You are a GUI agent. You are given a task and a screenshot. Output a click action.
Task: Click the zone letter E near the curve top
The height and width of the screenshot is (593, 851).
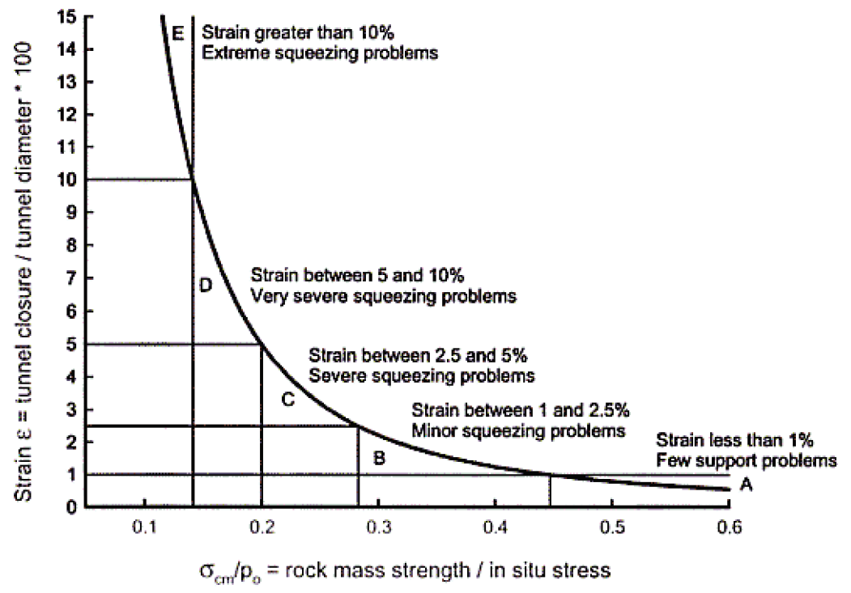(x=178, y=33)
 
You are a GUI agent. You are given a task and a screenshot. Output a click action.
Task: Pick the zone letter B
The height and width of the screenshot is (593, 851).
(x=378, y=458)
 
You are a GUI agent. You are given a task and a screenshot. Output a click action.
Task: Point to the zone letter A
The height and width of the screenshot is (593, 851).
(x=746, y=485)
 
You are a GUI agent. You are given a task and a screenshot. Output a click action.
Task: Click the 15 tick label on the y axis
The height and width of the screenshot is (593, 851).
(x=68, y=16)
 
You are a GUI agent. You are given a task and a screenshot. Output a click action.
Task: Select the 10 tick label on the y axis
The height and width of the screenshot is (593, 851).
(x=68, y=180)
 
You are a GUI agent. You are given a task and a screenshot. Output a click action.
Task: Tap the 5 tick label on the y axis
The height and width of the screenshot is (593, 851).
(x=72, y=344)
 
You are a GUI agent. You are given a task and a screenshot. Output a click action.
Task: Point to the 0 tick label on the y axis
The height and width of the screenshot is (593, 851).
(x=72, y=507)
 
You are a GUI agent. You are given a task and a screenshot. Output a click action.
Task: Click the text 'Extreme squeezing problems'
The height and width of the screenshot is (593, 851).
(x=320, y=54)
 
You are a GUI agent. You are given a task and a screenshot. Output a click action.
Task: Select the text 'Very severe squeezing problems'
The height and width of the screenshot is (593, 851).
(x=383, y=296)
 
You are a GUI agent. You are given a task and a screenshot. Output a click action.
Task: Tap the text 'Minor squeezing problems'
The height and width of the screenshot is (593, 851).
(x=518, y=430)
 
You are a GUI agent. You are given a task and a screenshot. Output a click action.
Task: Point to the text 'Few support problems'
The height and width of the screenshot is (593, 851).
(x=745, y=461)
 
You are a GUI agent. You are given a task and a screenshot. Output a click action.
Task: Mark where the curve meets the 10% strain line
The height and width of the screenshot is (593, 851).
(x=192, y=180)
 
